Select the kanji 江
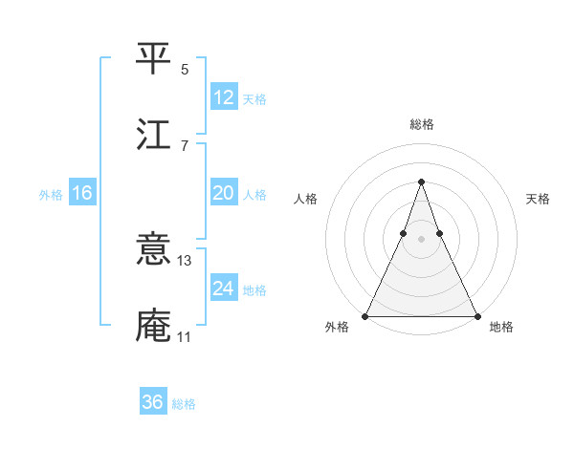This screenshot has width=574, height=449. click(155, 134)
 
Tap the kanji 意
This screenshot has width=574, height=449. click(155, 250)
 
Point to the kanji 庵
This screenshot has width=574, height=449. click(155, 326)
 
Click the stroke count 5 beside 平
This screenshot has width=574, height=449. click(185, 69)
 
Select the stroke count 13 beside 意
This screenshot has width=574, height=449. click(185, 260)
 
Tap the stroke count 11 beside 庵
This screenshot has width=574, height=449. click(185, 336)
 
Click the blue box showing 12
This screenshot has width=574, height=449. click(224, 97)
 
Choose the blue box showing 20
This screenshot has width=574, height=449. click(224, 193)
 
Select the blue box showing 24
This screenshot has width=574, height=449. click(224, 289)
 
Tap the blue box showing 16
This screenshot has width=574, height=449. click(82, 193)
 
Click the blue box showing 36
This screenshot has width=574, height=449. click(153, 402)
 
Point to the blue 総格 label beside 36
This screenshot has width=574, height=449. click(185, 404)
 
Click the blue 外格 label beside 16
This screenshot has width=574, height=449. click(51, 195)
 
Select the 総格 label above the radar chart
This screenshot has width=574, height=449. click(421, 125)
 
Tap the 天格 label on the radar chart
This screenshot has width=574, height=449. click(538, 199)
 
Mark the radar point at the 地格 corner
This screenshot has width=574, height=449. click(476, 315)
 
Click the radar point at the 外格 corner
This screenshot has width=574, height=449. click(365, 315)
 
